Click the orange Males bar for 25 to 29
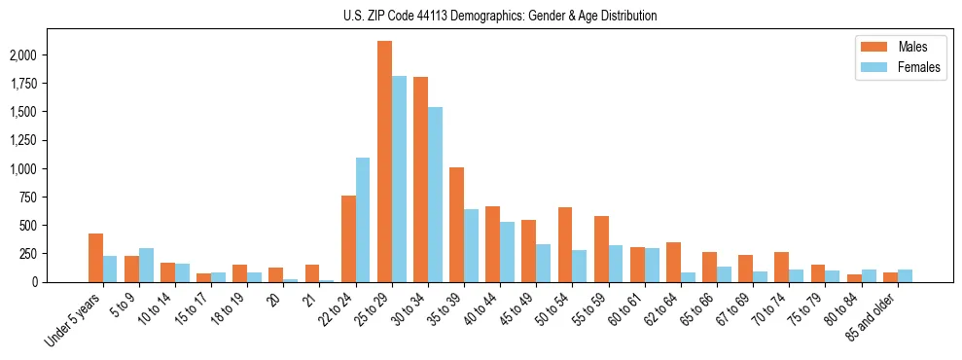[384, 162]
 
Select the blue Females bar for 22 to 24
[363, 220]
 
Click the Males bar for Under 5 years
[95, 258]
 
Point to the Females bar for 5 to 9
[146, 265]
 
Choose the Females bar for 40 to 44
[507, 252]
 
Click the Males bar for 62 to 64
[673, 262]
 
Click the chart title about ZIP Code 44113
[500, 16]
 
